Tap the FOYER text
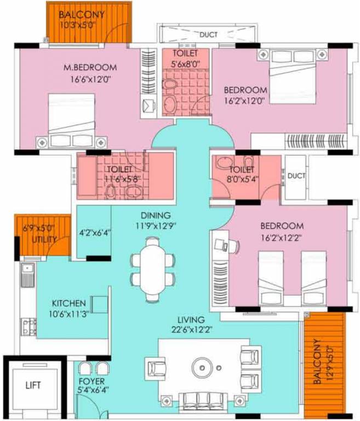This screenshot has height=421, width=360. (x=92, y=381)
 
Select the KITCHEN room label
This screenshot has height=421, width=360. (x=68, y=303)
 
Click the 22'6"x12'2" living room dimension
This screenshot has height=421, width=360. (x=191, y=329)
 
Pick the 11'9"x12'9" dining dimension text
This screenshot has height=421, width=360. (x=155, y=225)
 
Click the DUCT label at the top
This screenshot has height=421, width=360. (x=208, y=35)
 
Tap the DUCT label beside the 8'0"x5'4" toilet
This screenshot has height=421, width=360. (x=296, y=177)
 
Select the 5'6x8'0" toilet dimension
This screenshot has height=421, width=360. (x=185, y=64)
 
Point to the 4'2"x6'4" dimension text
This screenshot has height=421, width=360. (x=94, y=232)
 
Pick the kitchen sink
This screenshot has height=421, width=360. (x=27, y=275)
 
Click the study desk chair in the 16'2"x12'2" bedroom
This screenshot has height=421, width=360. (x=235, y=246)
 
